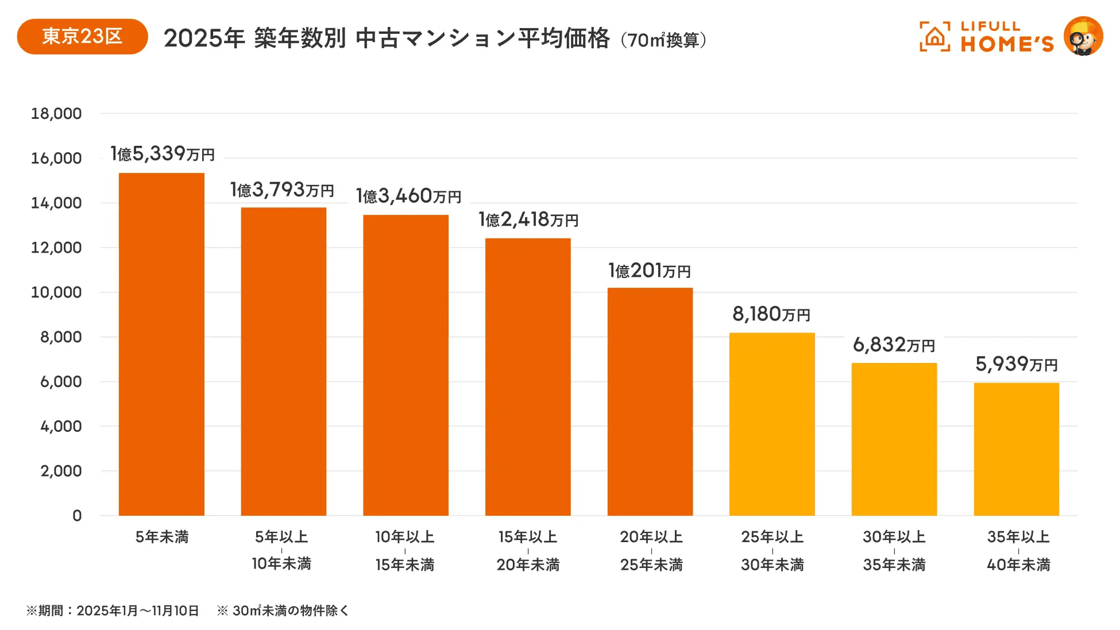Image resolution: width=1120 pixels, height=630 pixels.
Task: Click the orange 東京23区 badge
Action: (x=82, y=37)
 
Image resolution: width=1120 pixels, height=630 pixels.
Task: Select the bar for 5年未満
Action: (x=161, y=345)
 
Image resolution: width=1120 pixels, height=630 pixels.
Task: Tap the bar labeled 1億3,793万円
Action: (x=283, y=362)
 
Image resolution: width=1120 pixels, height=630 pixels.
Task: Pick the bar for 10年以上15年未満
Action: (x=405, y=365)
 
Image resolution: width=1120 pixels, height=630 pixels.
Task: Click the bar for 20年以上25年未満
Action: (x=650, y=402)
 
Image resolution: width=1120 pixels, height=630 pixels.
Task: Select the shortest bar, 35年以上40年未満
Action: (x=1016, y=449)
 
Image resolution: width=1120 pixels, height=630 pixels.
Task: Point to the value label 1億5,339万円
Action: (x=163, y=154)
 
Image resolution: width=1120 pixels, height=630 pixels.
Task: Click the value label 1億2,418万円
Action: (x=528, y=219)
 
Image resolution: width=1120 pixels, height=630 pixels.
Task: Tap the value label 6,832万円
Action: (x=894, y=345)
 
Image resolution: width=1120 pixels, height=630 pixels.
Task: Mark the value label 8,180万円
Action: (x=771, y=314)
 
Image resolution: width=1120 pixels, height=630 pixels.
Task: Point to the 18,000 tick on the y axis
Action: (x=56, y=114)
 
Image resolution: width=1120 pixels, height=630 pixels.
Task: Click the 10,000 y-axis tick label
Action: (x=56, y=292)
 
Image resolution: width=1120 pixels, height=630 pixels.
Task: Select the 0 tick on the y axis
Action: (x=77, y=516)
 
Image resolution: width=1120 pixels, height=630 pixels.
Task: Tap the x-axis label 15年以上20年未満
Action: (x=528, y=551)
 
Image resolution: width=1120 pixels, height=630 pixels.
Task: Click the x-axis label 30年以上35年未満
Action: (x=894, y=551)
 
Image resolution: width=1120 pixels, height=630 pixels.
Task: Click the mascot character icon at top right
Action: (x=1083, y=37)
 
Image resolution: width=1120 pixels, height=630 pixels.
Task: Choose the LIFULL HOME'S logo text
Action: (x=1007, y=37)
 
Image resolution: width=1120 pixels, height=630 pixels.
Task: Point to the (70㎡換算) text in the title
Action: (x=664, y=40)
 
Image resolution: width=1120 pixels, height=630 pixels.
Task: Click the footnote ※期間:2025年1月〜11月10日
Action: (x=113, y=610)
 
